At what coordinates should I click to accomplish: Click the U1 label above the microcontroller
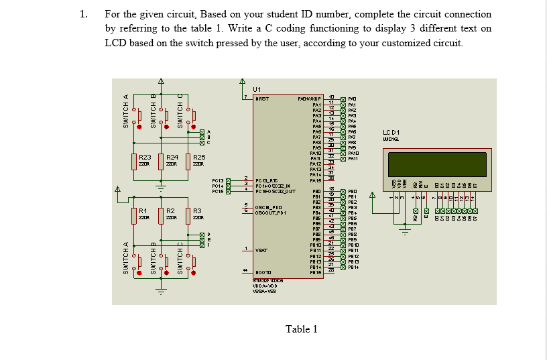(x=258, y=89)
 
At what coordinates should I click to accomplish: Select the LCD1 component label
(x=391, y=131)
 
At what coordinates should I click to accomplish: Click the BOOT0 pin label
(x=263, y=272)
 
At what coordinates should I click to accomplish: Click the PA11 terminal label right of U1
(x=355, y=158)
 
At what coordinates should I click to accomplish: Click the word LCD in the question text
(x=116, y=42)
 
